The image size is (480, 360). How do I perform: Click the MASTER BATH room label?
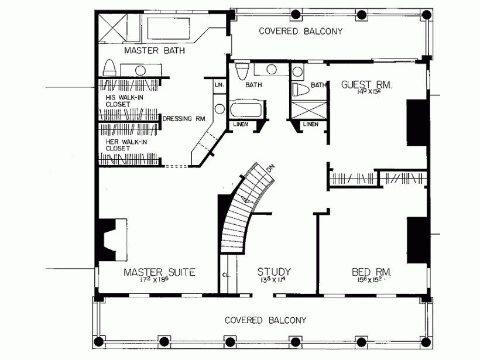point(154,51)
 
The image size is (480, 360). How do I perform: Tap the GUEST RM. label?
point(366,84)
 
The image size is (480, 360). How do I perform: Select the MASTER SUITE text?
point(159,272)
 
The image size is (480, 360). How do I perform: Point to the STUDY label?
point(275,272)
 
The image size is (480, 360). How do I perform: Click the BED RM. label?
point(372,272)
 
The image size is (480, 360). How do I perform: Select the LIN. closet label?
point(220,85)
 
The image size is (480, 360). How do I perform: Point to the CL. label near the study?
point(226,273)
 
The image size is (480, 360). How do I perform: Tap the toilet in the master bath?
point(110,68)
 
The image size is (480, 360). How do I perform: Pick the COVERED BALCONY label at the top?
point(300,32)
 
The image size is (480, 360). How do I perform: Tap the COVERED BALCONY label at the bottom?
point(266,320)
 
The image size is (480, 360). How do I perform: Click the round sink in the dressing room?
point(220,109)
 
